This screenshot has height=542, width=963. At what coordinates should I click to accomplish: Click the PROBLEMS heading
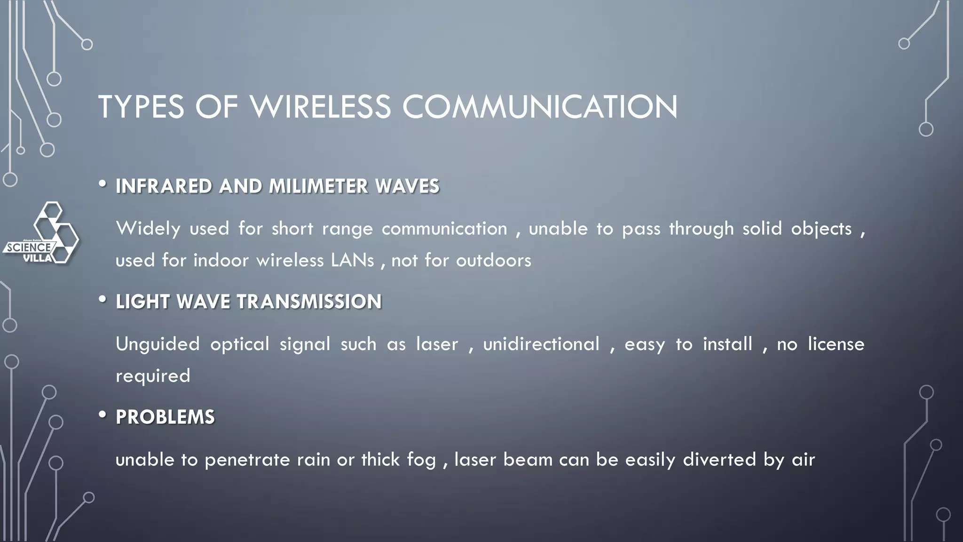point(165,417)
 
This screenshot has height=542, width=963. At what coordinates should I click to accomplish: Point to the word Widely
point(148,229)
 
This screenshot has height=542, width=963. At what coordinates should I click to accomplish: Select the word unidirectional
point(541,344)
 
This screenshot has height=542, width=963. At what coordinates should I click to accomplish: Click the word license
point(836,344)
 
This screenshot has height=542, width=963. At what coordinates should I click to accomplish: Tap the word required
point(153,376)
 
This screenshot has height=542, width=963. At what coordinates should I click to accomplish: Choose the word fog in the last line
point(422,460)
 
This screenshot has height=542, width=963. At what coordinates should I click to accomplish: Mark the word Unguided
point(158,344)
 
